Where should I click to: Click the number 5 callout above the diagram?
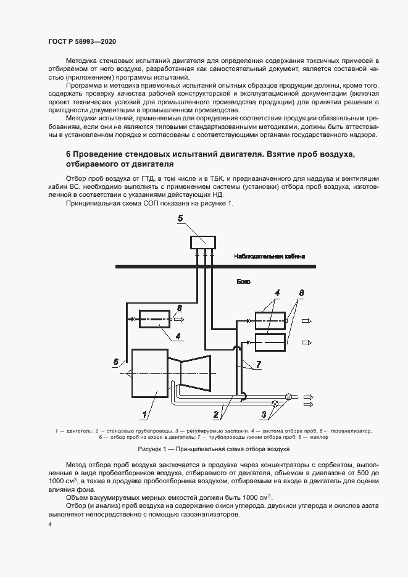(180, 218)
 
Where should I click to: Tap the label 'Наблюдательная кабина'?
(269, 256)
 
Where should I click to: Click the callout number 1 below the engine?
(146, 414)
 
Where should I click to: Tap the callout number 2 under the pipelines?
(216, 414)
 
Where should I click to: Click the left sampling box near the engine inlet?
(155, 319)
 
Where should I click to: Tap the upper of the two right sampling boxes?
(270, 321)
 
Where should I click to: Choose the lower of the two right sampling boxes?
(270, 341)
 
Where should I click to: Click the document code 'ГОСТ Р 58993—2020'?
(82, 41)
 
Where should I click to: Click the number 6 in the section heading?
(68, 152)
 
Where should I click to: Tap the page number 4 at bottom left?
(50, 525)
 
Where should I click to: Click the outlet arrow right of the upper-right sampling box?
(306, 321)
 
